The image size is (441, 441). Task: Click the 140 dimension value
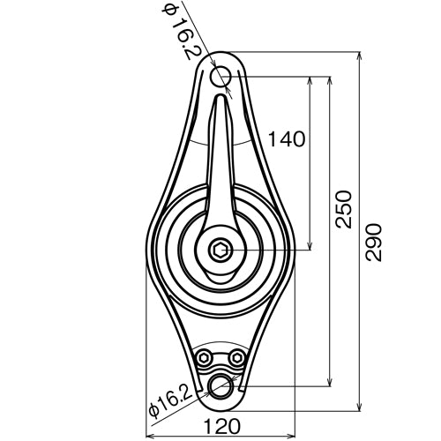point(288,138)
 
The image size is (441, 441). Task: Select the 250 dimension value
point(343,210)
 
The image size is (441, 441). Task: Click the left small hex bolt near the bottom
point(205,356)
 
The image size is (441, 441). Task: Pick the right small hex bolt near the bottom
point(236,356)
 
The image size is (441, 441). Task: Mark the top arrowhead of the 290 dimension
point(360,56)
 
